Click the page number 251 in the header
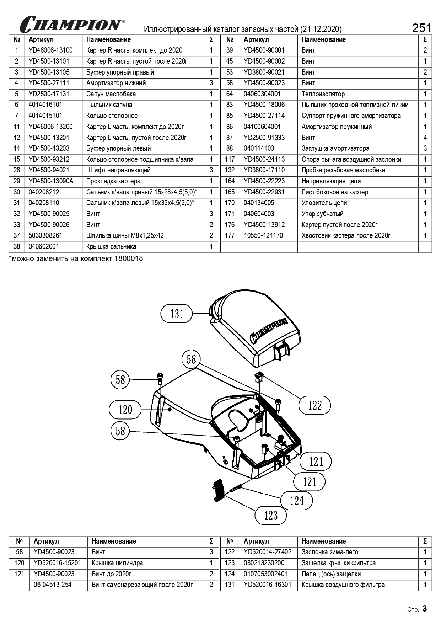pos(421,28)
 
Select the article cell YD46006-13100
pos(50,50)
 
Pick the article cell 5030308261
pos(45,236)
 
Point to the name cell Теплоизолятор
pos(323,94)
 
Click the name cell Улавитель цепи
pos(324,203)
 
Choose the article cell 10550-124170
pos(263,236)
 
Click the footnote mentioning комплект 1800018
pos(76,258)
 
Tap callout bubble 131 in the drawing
pos(177,314)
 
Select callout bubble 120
pos(125,410)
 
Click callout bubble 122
pos(315,405)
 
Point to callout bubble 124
pos(297,501)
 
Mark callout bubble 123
pos(271,515)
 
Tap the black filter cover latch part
pos(218,491)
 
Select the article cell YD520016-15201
pos(57,563)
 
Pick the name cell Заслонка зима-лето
pos(330,552)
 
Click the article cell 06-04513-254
pos(53,585)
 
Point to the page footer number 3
pos(424,609)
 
